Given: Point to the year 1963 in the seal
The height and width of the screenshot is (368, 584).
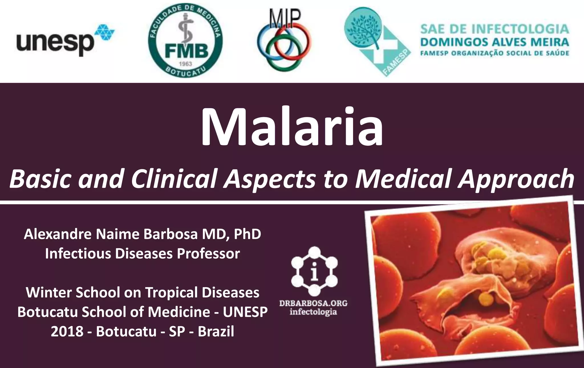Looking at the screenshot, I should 185,64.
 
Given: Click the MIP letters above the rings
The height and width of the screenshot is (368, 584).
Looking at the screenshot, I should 284,19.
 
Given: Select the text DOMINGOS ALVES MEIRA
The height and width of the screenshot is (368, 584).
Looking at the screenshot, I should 495,42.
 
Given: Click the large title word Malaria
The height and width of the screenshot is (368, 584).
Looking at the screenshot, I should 292,127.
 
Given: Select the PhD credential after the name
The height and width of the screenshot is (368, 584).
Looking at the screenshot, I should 247,234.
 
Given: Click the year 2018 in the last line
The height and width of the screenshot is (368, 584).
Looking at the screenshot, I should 67,331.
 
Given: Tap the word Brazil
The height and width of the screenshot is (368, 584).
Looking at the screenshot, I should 216,331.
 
